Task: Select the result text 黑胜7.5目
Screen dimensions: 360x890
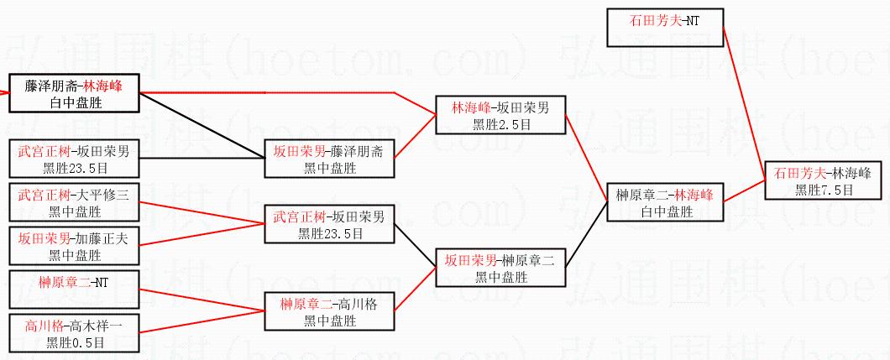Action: click(825, 190)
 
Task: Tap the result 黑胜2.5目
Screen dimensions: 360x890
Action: click(500, 123)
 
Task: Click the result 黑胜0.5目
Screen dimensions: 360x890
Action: click(76, 342)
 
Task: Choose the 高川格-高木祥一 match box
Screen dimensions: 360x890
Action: click(74, 333)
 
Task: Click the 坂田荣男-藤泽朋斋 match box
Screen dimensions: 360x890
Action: click(328, 159)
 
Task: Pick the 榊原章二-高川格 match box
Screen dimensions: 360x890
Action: click(328, 311)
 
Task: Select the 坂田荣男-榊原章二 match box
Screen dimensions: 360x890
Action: click(500, 268)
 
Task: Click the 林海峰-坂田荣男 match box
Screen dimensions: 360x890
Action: click(500, 116)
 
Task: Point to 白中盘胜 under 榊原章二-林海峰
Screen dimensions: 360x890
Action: click(664, 211)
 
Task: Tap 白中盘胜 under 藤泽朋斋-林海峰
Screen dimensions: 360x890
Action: click(74, 101)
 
